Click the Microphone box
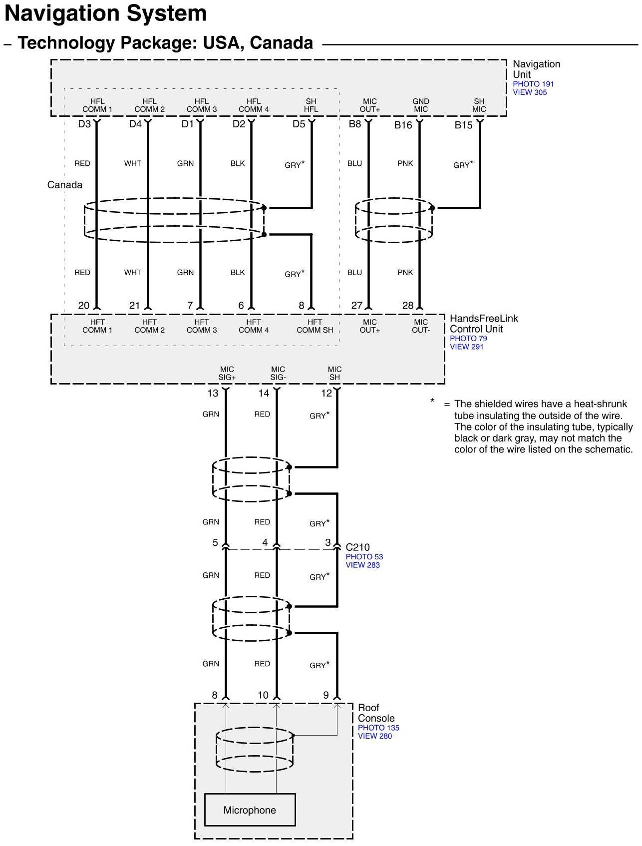[x=250, y=810]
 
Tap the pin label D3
[x=84, y=124]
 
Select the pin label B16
[x=403, y=125]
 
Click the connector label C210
[x=357, y=547]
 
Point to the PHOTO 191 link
[x=533, y=84]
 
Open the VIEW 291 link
[x=466, y=347]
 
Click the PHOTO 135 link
[x=378, y=728]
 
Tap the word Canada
[x=65, y=185]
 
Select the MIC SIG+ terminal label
[x=227, y=373]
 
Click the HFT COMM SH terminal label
[x=315, y=326]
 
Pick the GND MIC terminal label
[x=421, y=105]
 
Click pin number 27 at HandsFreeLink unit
[x=356, y=305]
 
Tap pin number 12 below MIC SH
[x=326, y=393]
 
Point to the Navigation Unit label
[x=536, y=69]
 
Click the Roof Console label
[x=376, y=713]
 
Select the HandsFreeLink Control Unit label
[x=484, y=324]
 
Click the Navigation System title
[x=105, y=13]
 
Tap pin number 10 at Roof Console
[x=263, y=695]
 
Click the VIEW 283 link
[x=362, y=565]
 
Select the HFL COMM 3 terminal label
[x=202, y=105]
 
